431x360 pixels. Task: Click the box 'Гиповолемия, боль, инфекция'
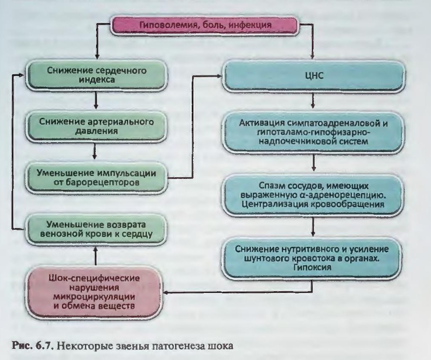pos(204,26)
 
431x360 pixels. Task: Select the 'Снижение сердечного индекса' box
pos(96,75)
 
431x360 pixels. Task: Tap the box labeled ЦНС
pos(314,75)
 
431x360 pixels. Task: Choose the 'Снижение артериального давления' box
pos(96,126)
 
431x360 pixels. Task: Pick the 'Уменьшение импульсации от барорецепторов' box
pos(96,177)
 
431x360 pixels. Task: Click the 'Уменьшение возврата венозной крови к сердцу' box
pos(96,229)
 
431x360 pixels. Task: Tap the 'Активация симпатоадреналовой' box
pos(314,132)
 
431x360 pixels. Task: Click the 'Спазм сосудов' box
pos(313,195)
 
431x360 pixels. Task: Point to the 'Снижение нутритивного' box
pos(312,258)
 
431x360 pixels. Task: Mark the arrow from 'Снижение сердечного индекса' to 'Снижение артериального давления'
pos(96,100)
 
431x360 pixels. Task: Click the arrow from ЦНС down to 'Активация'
pos(313,101)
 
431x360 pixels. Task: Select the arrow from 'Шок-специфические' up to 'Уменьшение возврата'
pos(95,255)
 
